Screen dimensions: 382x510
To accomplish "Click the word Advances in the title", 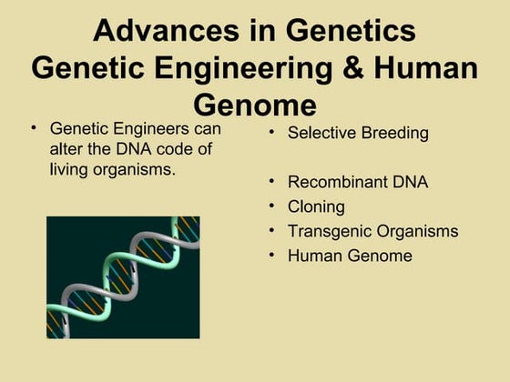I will coord(153,31).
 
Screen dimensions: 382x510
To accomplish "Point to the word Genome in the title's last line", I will coord(254,103).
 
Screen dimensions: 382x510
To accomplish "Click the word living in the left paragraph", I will coord(70,170).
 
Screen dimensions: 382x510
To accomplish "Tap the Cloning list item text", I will coord(316,206).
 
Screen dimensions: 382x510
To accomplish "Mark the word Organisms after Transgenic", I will coord(415,231).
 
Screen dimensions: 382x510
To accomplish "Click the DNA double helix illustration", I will coord(123,277).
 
